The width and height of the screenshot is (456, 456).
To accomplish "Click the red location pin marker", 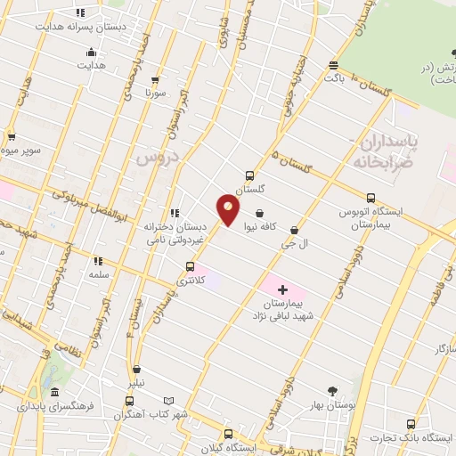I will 229,210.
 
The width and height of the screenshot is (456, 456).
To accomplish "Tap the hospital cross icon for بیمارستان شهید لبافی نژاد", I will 283,290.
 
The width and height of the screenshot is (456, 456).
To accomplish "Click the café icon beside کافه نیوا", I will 259,213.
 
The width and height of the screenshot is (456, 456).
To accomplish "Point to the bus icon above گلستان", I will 249,175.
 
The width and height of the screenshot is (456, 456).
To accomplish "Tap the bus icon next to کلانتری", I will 189,266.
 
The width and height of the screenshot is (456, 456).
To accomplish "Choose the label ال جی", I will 294,243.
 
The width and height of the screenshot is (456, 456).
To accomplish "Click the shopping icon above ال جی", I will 294,230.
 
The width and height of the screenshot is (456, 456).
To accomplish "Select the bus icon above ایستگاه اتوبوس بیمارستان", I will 371,198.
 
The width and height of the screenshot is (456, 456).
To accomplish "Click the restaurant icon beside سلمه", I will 98,261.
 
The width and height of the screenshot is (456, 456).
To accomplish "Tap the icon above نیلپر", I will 136,370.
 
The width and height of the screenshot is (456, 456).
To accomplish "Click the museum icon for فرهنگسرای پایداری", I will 55,393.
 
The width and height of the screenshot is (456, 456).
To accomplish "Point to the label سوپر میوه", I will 25,151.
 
